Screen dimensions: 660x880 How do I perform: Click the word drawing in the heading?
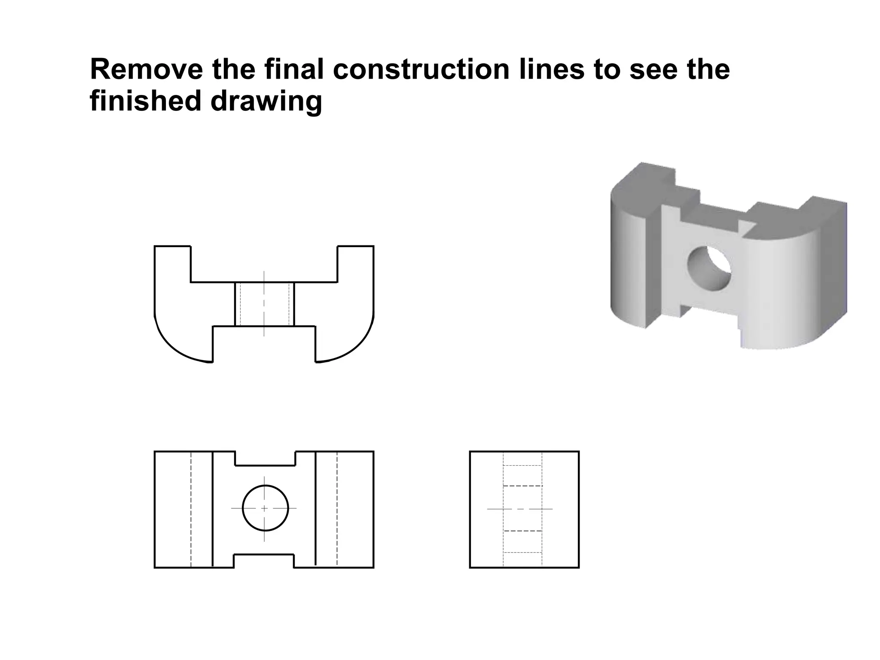pos(266,102)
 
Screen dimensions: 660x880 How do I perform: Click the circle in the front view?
pos(265,508)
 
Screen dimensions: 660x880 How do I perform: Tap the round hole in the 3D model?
pos(709,268)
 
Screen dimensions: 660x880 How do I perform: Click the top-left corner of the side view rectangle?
pos(470,452)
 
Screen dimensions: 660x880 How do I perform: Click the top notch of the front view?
pos(265,459)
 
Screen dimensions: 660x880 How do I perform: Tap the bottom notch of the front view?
pos(264,561)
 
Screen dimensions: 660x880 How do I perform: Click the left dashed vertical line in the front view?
pos(191,509)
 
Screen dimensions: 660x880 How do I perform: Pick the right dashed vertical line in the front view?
pos(337,509)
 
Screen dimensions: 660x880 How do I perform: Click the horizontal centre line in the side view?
pos(520,509)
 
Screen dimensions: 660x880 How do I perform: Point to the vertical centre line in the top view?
pos(264,303)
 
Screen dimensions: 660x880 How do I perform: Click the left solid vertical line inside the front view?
pos(213,509)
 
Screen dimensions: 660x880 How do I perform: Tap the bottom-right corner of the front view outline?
pos(373,568)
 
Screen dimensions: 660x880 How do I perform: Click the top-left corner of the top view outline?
pos(155,246)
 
